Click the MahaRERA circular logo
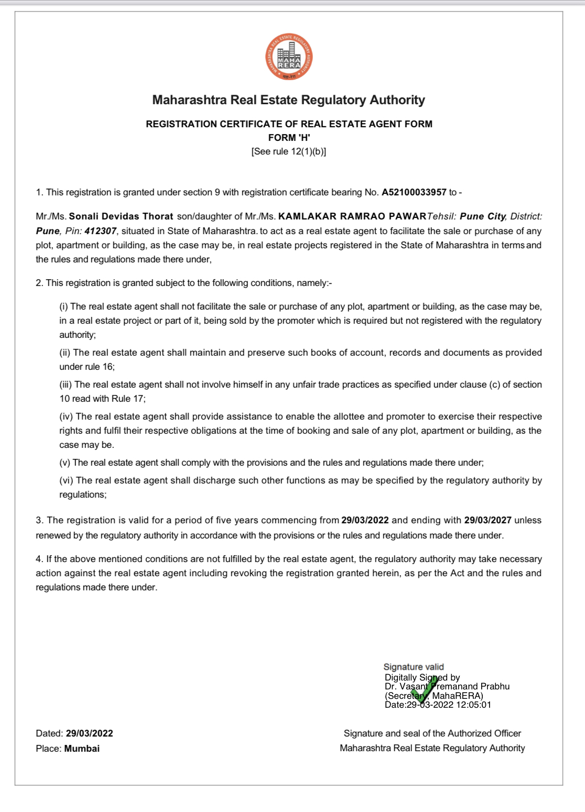click(289, 57)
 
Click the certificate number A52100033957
click(414, 192)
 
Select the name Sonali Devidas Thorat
click(121, 216)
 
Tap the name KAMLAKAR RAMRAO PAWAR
click(352, 216)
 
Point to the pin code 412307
click(101, 231)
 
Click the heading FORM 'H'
click(289, 138)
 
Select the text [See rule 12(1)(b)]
click(289, 151)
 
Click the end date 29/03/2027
click(487, 520)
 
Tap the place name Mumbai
click(82, 749)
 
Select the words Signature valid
click(414, 667)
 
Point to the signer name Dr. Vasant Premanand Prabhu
click(447, 686)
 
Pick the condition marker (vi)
click(66, 480)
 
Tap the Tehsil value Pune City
click(482, 216)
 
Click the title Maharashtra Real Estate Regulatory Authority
click(289, 100)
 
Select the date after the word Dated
click(89, 733)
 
